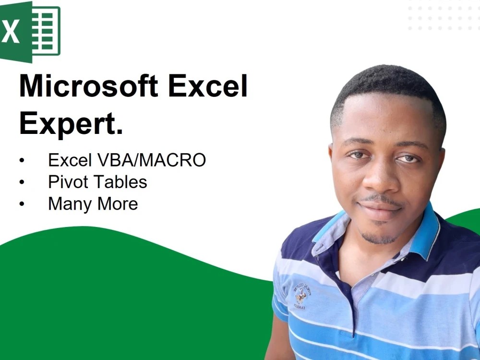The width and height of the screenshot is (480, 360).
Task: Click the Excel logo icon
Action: [x=30, y=31]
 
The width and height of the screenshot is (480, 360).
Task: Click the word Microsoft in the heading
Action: [x=88, y=86]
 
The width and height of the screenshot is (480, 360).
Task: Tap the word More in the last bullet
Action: [x=117, y=204]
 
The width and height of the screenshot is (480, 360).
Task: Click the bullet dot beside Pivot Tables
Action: [x=22, y=182]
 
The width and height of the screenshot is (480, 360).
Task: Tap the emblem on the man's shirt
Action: [x=302, y=294]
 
